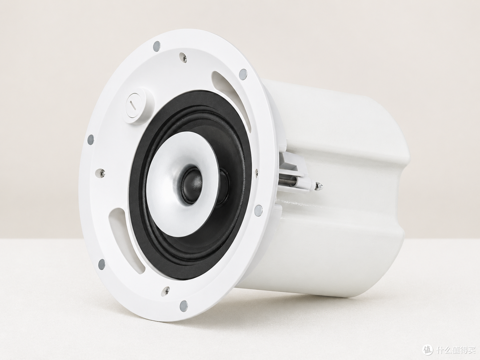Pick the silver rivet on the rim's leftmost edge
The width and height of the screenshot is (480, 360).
coord(90,140)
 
